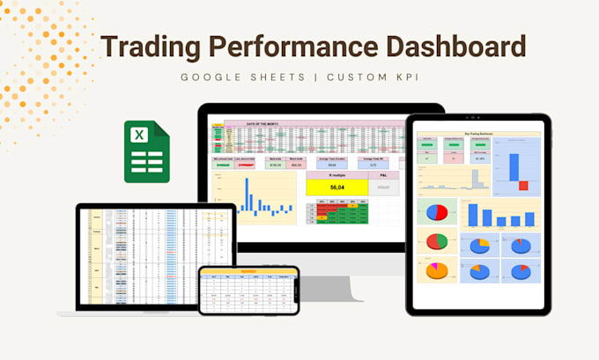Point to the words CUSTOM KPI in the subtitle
370,77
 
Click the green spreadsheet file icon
146,152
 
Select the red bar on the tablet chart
523,186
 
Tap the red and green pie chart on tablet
437,241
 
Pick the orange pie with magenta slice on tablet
437,270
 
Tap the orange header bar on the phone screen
248,272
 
